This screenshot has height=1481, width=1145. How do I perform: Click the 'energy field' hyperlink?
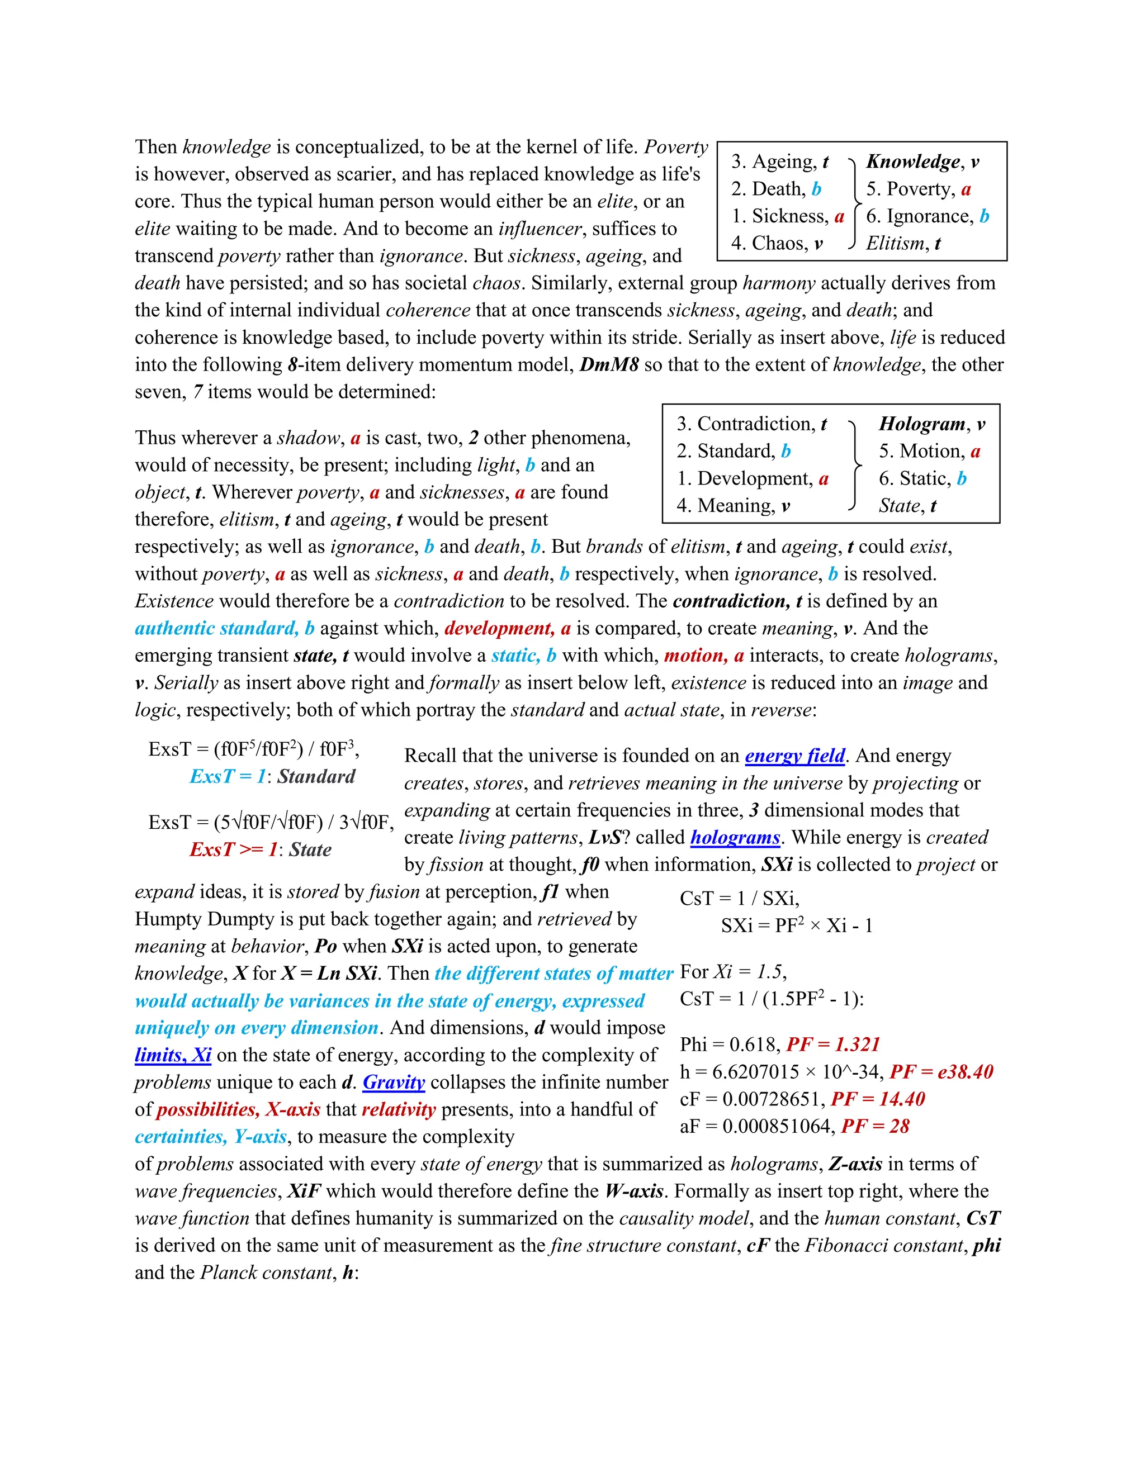click(794, 756)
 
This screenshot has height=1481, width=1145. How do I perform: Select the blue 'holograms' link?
click(735, 838)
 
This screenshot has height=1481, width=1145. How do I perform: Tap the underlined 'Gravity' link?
click(394, 1083)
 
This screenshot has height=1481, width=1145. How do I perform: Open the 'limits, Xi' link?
click(173, 1055)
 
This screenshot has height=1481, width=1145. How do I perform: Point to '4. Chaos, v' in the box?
click(777, 244)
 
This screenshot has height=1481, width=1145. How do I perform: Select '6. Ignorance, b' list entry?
click(928, 216)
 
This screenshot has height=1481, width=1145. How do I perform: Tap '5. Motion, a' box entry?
click(930, 452)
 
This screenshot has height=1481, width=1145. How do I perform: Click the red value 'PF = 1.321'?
click(833, 1045)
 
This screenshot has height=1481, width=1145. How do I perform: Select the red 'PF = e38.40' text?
click(941, 1071)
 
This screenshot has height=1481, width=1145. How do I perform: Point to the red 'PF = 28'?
click(875, 1126)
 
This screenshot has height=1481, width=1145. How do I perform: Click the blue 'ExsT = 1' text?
click(228, 776)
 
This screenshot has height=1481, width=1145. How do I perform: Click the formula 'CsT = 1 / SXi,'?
click(739, 899)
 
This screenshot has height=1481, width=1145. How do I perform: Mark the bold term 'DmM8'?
click(609, 365)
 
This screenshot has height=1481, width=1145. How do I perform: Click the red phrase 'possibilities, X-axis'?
click(239, 1109)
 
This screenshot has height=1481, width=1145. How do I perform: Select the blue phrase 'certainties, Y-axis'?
click(211, 1137)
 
